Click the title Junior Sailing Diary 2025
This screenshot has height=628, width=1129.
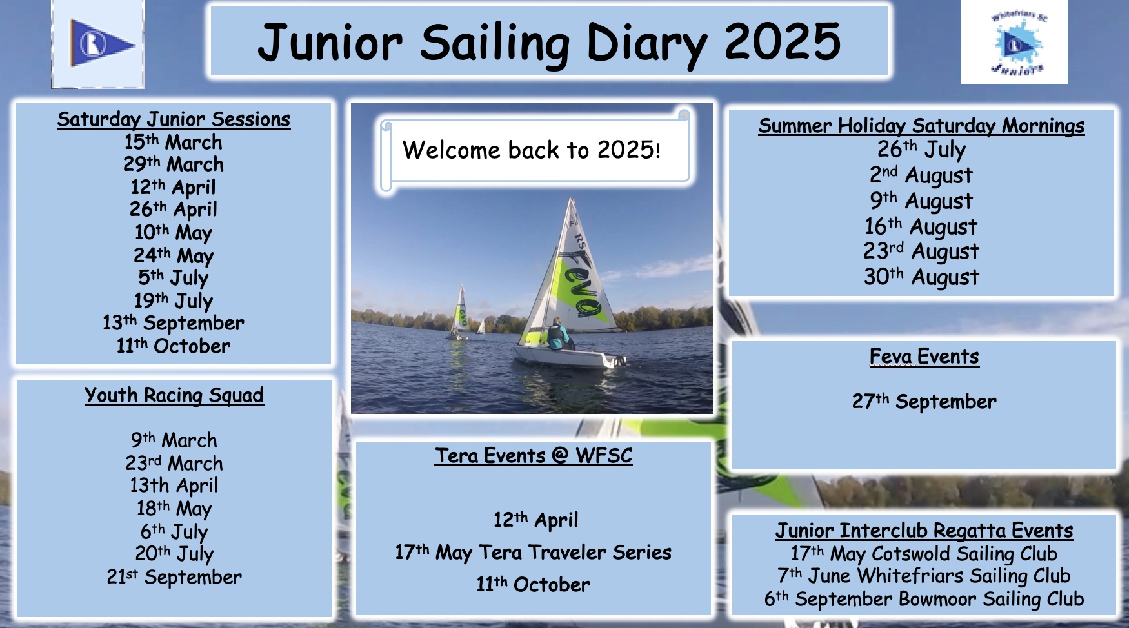click(549, 43)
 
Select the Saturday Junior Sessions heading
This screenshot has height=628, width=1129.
click(174, 119)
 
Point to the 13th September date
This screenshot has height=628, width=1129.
click(174, 322)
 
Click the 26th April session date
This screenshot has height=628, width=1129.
click(174, 209)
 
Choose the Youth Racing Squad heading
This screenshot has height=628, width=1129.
click(174, 395)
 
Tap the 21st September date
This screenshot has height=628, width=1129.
click(174, 576)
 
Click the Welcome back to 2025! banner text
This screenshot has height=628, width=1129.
click(532, 150)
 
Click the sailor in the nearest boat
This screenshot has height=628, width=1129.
click(559, 333)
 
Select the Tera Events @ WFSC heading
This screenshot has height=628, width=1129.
click(534, 456)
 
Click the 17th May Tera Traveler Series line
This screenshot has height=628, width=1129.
click(534, 552)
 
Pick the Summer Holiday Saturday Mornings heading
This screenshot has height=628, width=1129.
click(922, 126)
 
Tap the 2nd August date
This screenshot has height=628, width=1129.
click(921, 175)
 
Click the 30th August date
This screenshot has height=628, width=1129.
click(921, 277)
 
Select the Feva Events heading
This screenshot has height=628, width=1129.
click(924, 357)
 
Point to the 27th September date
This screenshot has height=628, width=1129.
click(924, 402)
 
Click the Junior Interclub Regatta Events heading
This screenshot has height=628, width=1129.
click(924, 531)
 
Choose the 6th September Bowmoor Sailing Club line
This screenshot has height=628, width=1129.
click(924, 599)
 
